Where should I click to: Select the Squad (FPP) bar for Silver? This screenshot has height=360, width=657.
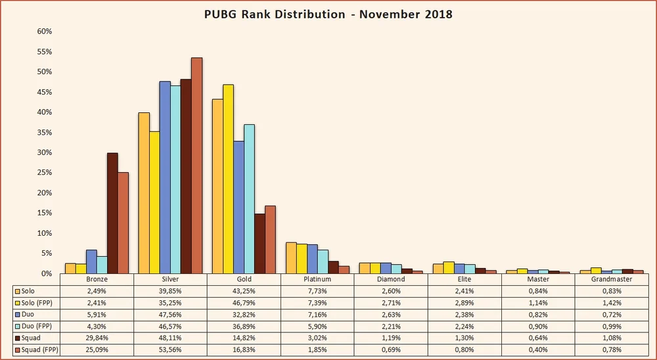pos(196,165)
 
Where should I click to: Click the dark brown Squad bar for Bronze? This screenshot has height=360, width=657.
pos(112,213)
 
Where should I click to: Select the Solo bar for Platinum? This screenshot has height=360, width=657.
pos(291,258)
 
